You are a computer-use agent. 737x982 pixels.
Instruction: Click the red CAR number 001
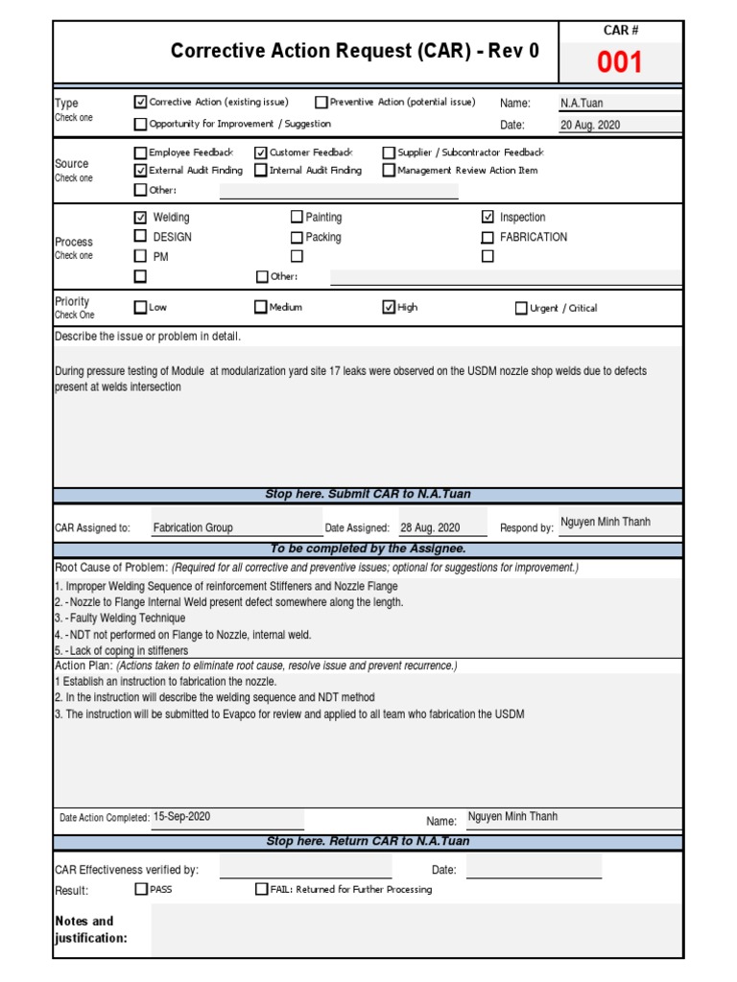pyautogui.click(x=620, y=63)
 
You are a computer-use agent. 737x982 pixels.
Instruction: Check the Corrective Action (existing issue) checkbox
pyautogui.click(x=141, y=102)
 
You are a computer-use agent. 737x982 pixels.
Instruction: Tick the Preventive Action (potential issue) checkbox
pyautogui.click(x=321, y=102)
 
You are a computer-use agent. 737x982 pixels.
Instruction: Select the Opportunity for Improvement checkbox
pyautogui.click(x=141, y=124)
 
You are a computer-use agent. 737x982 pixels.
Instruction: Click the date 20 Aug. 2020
pyautogui.click(x=590, y=125)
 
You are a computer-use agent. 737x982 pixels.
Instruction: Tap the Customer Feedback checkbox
pyautogui.click(x=261, y=152)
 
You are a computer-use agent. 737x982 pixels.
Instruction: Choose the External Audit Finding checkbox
pyautogui.click(x=141, y=171)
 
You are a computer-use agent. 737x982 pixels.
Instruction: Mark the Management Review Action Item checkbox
pyautogui.click(x=389, y=171)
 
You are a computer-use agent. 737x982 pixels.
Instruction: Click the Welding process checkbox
pyautogui.click(x=141, y=218)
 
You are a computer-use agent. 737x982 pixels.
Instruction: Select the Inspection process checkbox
pyautogui.click(x=487, y=218)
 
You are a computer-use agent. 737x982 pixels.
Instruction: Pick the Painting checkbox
pyautogui.click(x=297, y=218)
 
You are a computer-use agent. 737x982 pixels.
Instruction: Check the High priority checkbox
pyautogui.click(x=389, y=308)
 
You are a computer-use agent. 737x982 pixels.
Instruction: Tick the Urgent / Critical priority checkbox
pyautogui.click(x=521, y=309)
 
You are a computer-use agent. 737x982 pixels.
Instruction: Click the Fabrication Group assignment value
pyautogui.click(x=193, y=527)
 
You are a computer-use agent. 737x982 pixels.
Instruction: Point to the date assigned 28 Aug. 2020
pyautogui.click(x=430, y=527)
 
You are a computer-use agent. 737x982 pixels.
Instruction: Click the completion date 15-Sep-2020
pyautogui.click(x=181, y=817)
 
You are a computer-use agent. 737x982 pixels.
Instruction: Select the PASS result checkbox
pyautogui.click(x=141, y=889)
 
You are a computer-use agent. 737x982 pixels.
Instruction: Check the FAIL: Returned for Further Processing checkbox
pyautogui.click(x=261, y=889)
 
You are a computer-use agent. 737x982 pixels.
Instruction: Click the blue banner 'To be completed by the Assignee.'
pyautogui.click(x=368, y=549)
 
